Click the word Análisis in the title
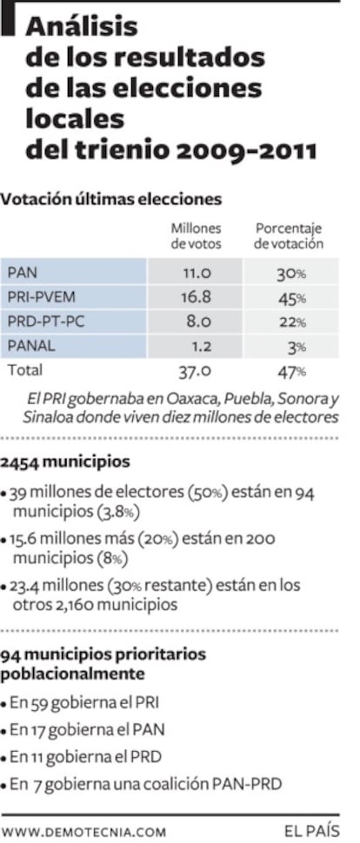83,27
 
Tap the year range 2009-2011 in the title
234,150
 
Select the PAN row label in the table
23,273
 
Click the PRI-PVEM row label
42,297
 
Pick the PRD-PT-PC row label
46,322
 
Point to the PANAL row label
31,346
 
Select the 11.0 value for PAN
197,273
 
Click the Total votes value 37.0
195,371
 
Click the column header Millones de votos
196,236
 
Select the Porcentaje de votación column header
289,236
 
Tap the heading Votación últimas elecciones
110,200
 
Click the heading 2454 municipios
65,461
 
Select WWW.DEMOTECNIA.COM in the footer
83,832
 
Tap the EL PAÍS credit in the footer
312,830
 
